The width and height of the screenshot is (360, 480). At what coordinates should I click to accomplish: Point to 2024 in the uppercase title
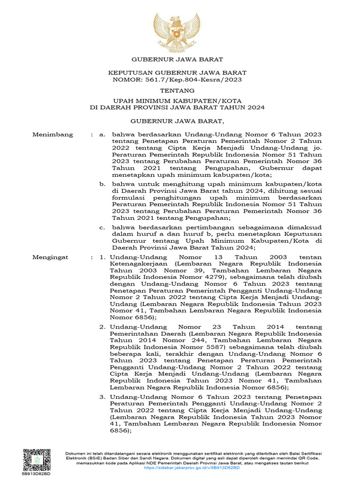255,107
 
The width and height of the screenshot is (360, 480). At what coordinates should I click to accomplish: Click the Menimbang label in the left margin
52,135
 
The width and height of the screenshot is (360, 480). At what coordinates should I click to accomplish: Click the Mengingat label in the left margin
50,257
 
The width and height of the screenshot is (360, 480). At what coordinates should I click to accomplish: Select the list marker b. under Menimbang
102,184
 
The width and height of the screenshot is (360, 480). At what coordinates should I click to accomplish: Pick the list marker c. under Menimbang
102,227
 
